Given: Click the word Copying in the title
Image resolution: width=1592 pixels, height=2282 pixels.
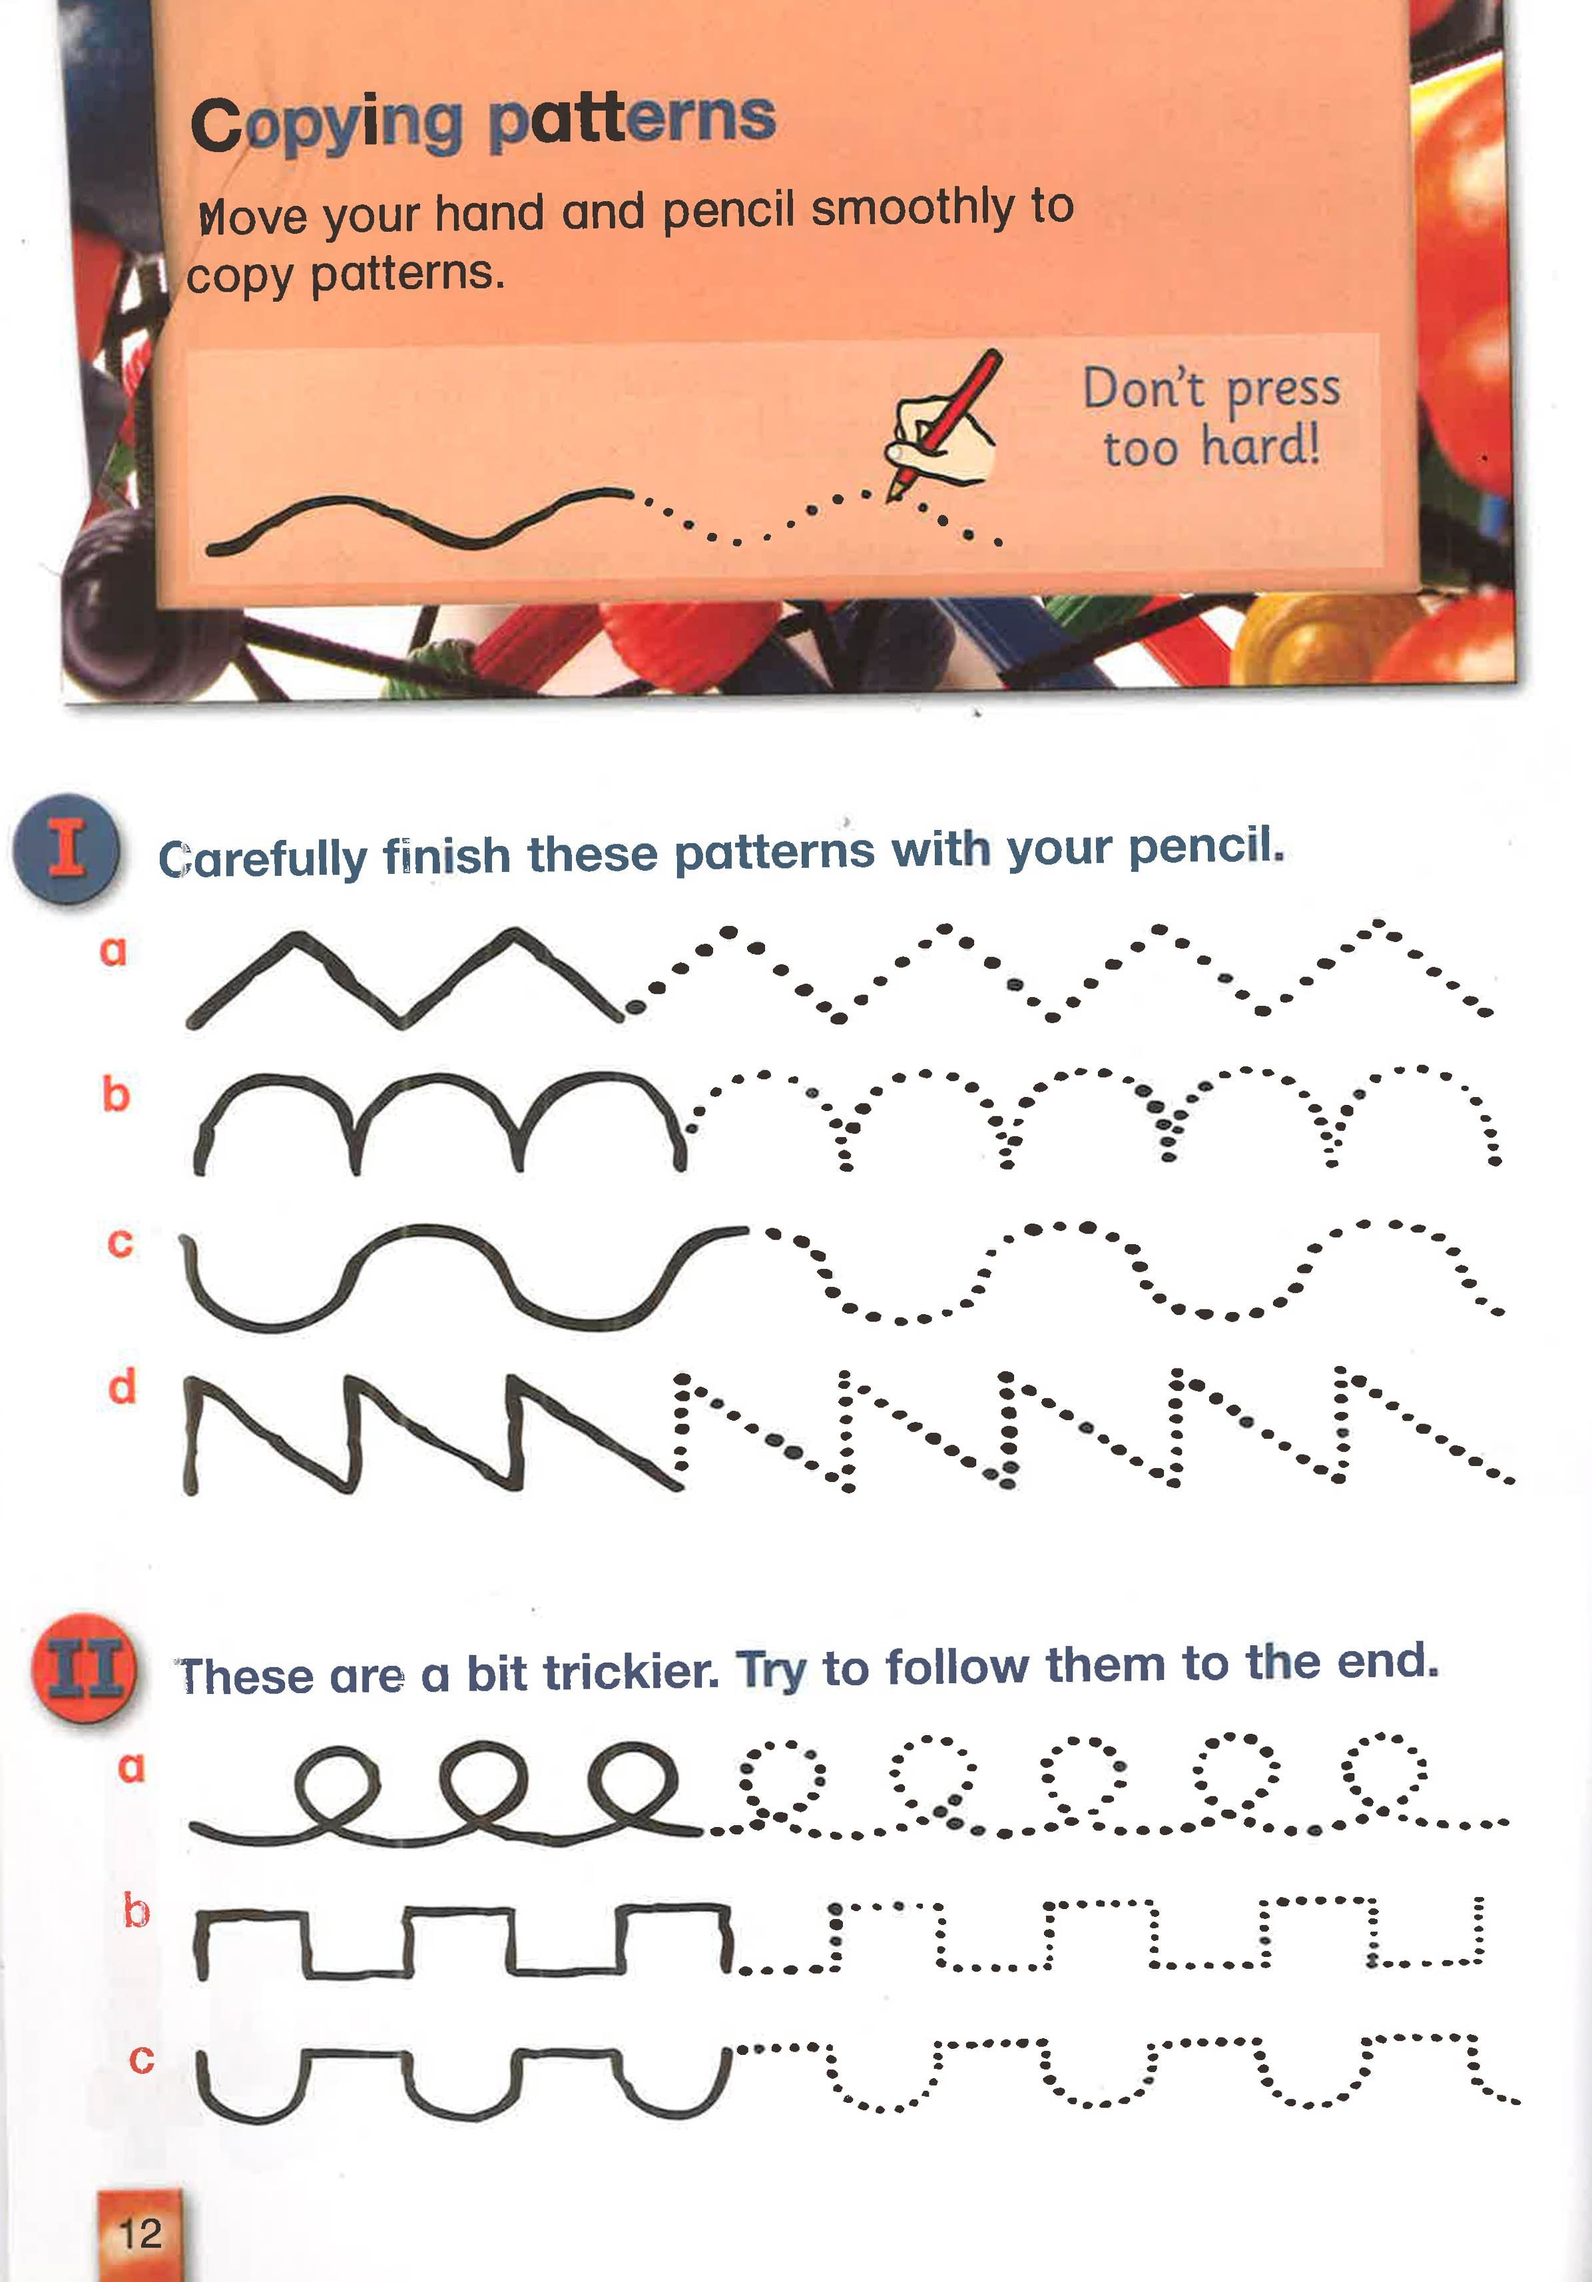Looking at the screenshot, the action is (326, 127).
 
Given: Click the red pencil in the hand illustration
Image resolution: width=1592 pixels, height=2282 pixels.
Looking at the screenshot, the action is (944, 422).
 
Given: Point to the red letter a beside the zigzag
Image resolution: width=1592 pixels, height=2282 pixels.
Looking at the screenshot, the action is (113, 951).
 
